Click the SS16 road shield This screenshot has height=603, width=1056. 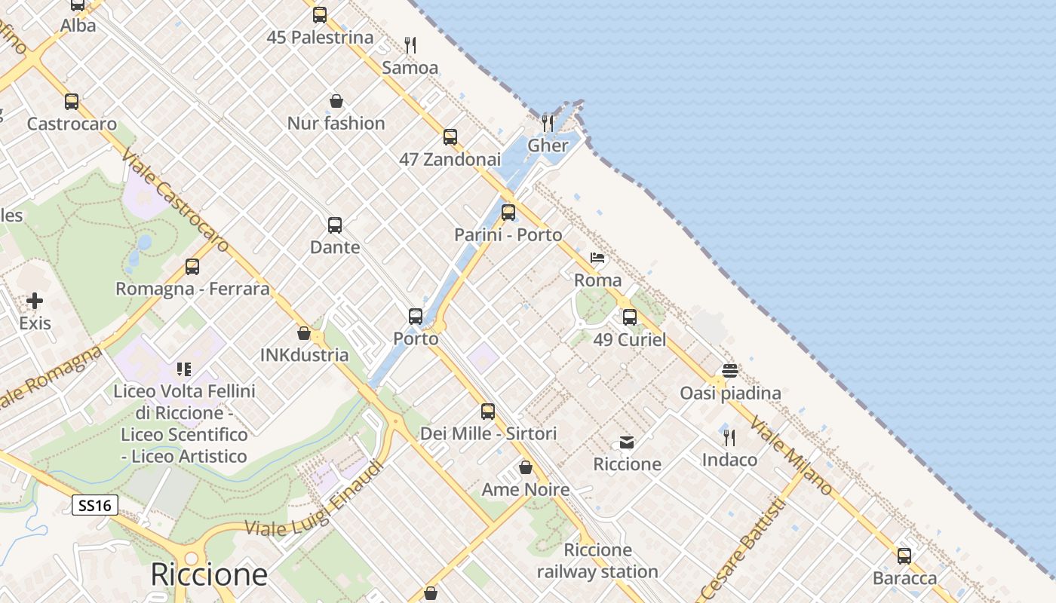tap(95, 505)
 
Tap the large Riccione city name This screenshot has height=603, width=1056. tap(209, 574)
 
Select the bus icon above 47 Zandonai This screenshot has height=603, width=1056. tap(450, 137)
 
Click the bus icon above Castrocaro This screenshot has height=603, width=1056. tap(72, 102)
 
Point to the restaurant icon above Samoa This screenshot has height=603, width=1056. tap(410, 45)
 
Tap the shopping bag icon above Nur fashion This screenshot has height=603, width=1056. tap(336, 101)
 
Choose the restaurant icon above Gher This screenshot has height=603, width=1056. tap(548, 123)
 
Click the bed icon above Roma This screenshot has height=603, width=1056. tap(597, 258)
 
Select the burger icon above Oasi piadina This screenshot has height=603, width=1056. tap(729, 371)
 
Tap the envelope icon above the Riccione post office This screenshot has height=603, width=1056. tap(627, 442)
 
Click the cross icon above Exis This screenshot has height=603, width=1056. tap(35, 301)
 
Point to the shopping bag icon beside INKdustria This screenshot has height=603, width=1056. tap(304, 333)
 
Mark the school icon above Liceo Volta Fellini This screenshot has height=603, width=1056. tap(184, 369)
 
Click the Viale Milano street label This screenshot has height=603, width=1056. tap(791, 458)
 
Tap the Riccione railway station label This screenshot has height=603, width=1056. tap(597, 561)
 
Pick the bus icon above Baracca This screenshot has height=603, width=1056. tap(904, 556)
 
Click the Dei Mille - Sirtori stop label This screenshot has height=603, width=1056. tap(488, 433)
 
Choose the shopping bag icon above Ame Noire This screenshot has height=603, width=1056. tap(526, 468)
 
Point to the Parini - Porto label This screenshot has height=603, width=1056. tap(508, 235)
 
